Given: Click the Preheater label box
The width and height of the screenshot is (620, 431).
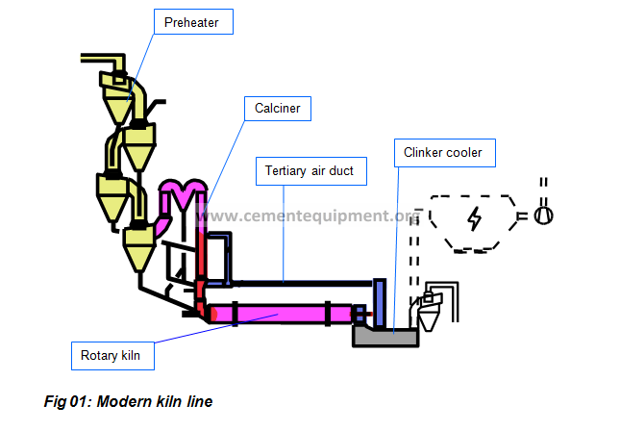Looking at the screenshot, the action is pyautogui.click(x=193, y=22).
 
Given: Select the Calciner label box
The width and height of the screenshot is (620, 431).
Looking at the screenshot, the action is pyautogui.click(x=278, y=109).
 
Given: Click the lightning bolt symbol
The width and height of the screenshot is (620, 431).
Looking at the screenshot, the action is pyautogui.click(x=475, y=218).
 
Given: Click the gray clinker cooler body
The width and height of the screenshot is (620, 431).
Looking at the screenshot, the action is pyautogui.click(x=385, y=338).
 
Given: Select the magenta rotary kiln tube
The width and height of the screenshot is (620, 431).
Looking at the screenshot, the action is pyautogui.click(x=281, y=314).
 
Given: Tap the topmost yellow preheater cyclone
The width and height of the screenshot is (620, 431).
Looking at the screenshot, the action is pyautogui.click(x=117, y=98).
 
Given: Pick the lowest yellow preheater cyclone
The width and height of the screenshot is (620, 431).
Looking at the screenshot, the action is pyautogui.click(x=139, y=247).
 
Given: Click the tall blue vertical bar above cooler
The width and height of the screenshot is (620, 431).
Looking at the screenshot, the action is pyautogui.click(x=380, y=303).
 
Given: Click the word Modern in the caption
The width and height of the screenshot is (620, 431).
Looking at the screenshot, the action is pyautogui.click(x=125, y=402).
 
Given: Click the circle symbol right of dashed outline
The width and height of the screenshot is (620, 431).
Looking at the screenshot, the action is pyautogui.click(x=544, y=215).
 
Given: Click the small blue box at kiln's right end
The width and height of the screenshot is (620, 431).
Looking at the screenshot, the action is pyautogui.click(x=360, y=314).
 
